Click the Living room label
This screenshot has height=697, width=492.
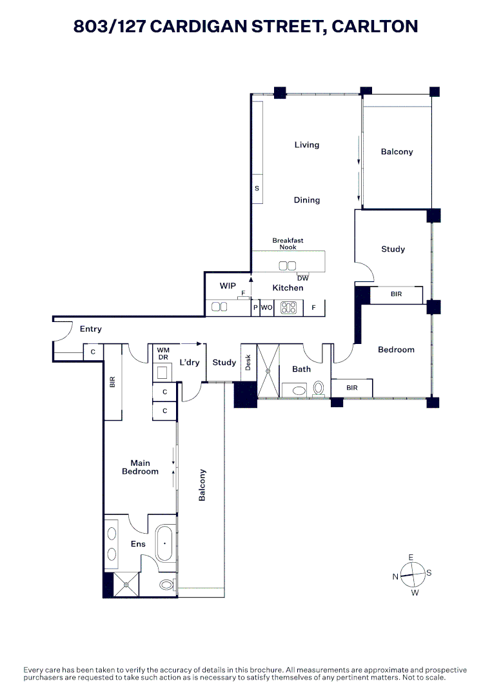pos(307,145)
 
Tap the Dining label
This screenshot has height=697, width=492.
pos(307,200)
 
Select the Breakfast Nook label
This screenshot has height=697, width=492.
pos(288,244)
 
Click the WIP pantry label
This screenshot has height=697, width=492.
pos(228,285)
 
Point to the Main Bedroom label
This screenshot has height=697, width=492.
pos(140,467)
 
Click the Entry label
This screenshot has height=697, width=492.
pos(91,329)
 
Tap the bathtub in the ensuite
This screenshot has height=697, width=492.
pos(164,544)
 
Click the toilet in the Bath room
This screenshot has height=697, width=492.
pos(318,389)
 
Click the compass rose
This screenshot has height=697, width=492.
pos(411,572)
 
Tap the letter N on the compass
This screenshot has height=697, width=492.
pos(395,577)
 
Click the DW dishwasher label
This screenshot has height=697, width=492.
pos(303,278)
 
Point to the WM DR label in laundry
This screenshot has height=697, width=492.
pos(163,354)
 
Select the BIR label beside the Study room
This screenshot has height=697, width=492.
pos(397,294)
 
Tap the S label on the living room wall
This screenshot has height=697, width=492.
pos(257,188)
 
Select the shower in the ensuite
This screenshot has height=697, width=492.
pos(126,585)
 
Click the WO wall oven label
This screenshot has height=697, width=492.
pos(267,308)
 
